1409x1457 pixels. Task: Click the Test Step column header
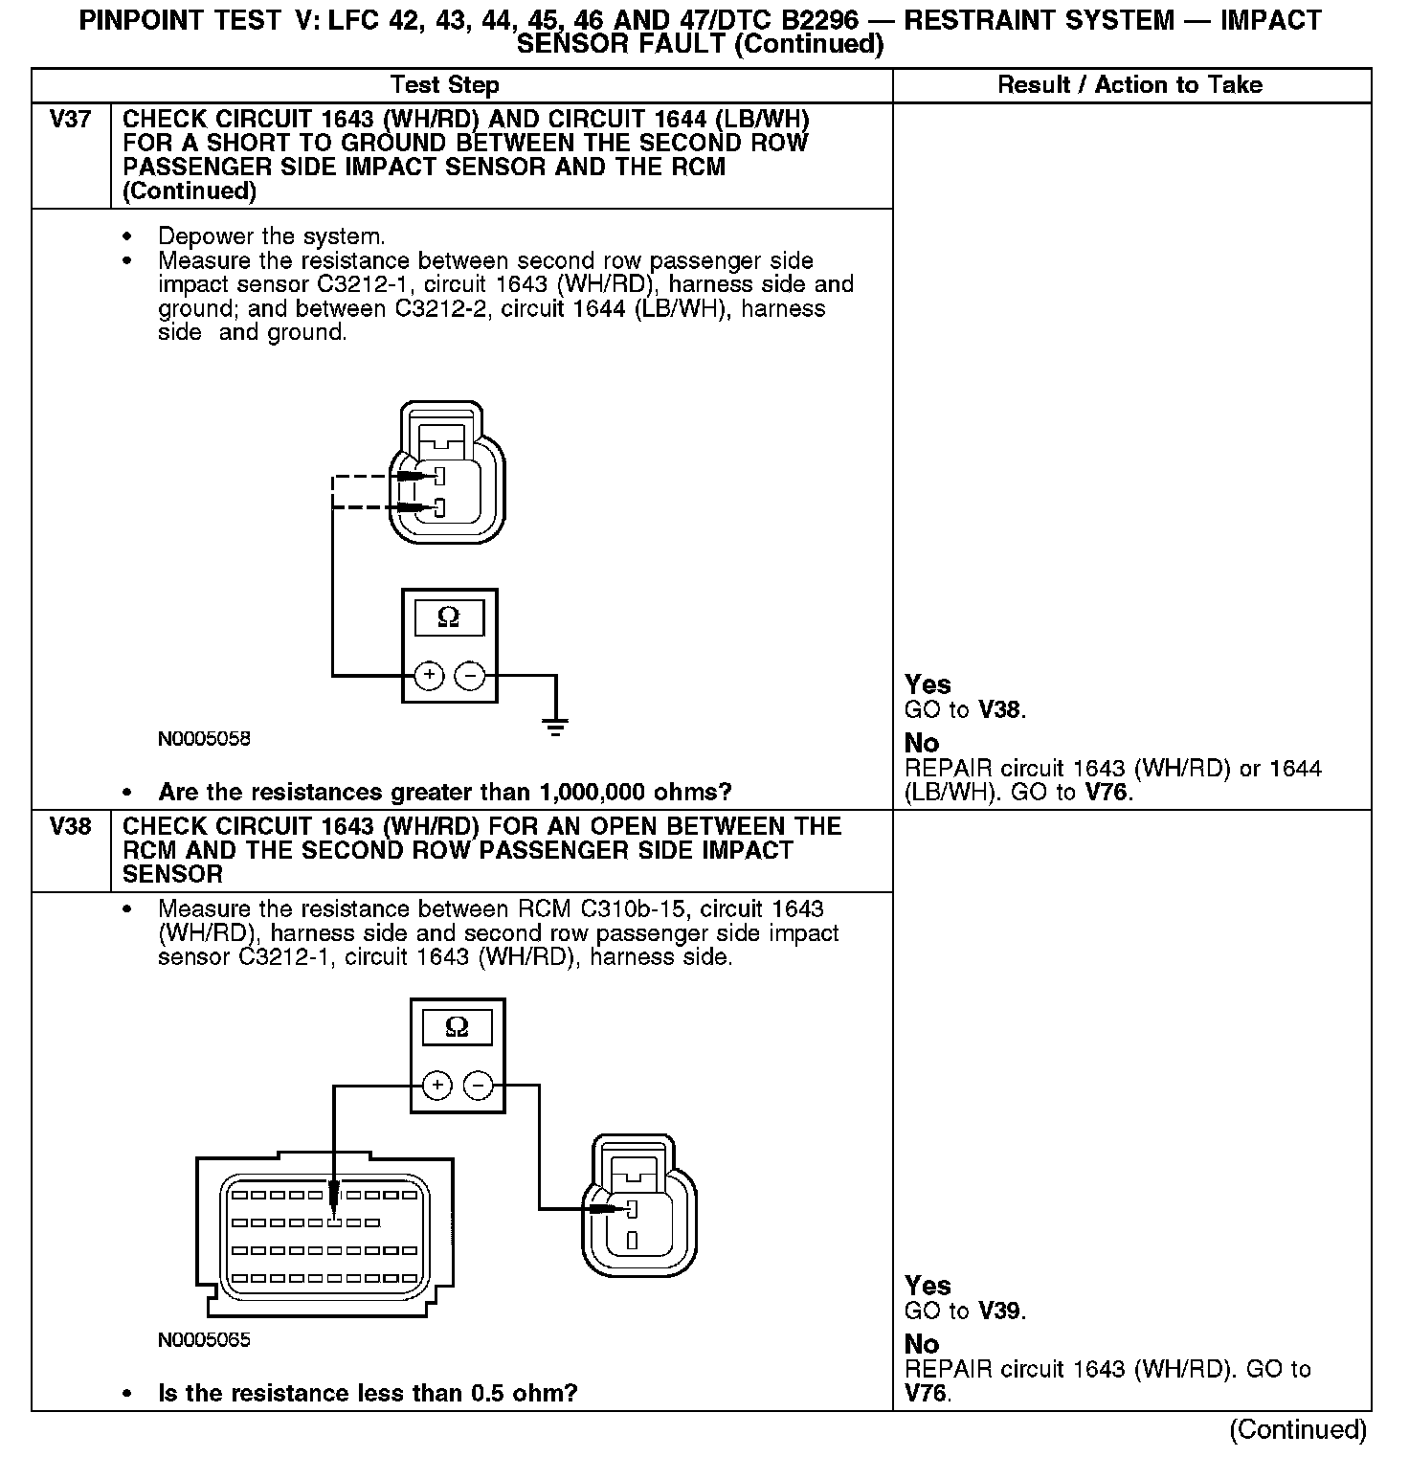click(x=445, y=85)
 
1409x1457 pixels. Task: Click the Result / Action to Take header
click(x=1129, y=85)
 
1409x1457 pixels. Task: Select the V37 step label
click(x=70, y=120)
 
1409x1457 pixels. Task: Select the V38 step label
click(x=70, y=826)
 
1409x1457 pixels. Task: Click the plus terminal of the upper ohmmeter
click(x=430, y=676)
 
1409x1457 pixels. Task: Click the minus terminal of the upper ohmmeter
click(x=469, y=676)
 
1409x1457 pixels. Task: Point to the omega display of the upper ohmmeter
click(x=448, y=618)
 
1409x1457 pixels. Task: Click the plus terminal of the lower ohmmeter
click(x=437, y=1086)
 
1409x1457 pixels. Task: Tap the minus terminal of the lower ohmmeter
click(x=478, y=1086)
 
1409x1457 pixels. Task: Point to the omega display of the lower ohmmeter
click(x=458, y=1028)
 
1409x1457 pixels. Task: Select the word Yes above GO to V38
click(x=928, y=684)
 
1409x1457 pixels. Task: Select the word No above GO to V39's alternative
click(x=921, y=1344)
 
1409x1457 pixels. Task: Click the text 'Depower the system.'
click(x=271, y=236)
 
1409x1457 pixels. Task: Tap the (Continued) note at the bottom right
click(x=1298, y=1429)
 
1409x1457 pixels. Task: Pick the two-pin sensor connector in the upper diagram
click(x=447, y=475)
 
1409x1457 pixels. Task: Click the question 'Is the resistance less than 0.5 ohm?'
click(x=368, y=1393)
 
